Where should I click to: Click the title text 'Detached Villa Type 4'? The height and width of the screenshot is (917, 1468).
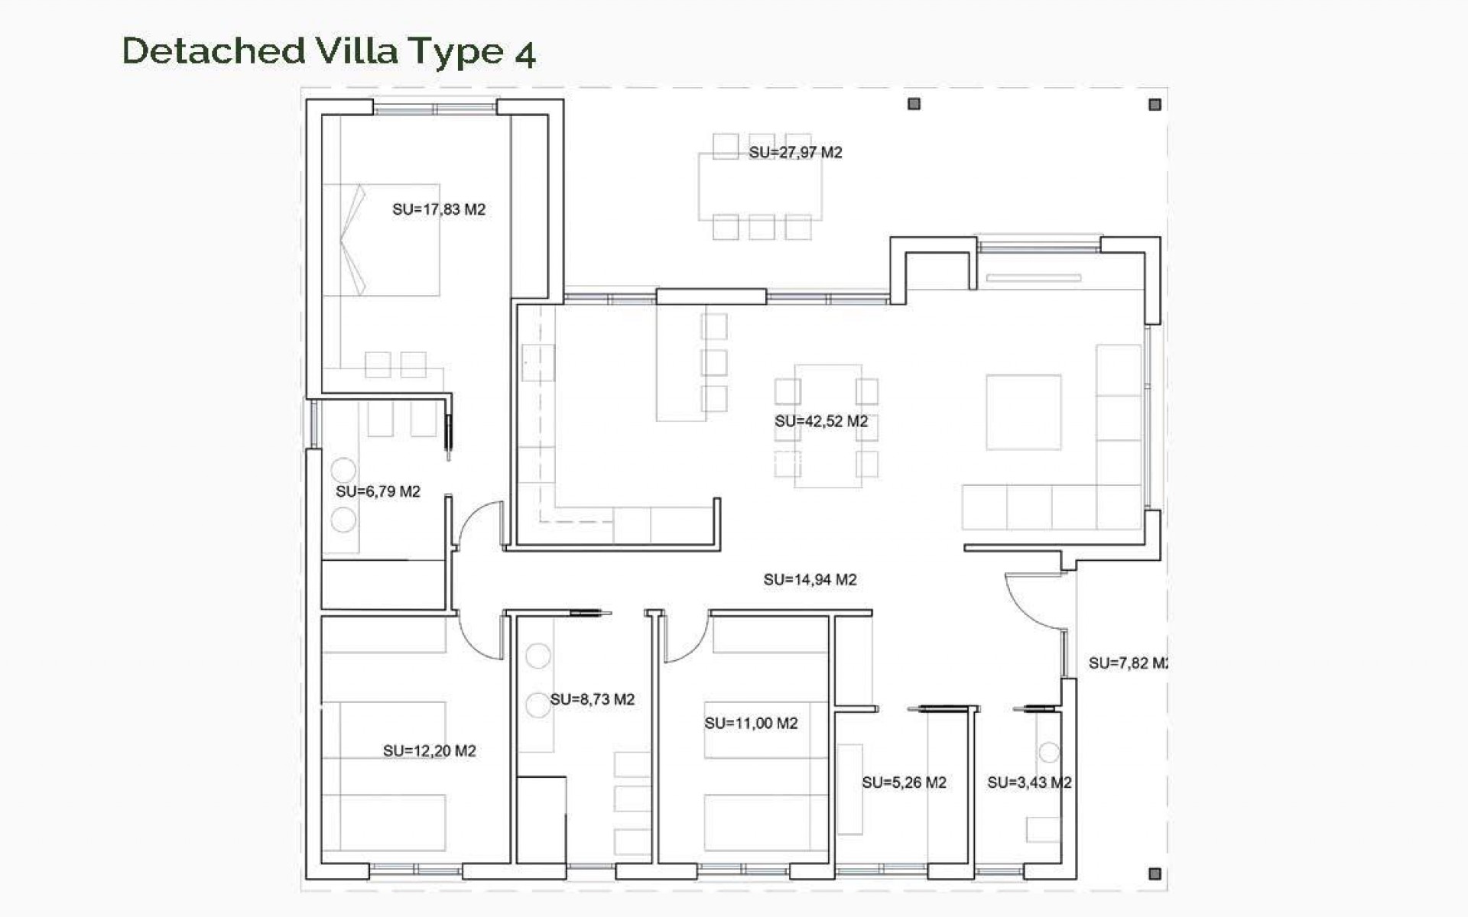coord(329,51)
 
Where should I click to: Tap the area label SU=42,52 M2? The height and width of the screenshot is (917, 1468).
coord(821,421)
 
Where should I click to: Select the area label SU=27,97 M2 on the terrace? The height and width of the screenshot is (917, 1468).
coord(795,152)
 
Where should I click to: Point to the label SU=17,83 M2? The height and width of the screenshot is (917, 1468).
coord(439,209)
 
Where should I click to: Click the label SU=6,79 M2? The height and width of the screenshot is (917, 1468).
coord(378,491)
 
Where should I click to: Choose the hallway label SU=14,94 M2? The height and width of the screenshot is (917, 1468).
coord(810,580)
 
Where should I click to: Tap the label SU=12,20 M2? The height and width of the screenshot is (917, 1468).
coord(429,751)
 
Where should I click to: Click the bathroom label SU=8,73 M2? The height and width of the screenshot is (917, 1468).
coord(592,699)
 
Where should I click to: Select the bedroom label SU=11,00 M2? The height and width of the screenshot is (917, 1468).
coord(751,723)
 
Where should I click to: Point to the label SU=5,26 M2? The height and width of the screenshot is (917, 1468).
coord(904,783)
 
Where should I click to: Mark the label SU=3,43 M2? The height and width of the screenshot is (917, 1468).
coord(1028,783)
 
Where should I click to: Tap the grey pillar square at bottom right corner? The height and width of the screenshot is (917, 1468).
coord(1155,873)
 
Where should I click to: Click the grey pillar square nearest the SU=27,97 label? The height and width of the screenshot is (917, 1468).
coord(914,104)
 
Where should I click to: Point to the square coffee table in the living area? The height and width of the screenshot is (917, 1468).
coord(1023,412)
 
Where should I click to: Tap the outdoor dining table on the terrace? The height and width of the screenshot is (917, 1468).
coord(760,187)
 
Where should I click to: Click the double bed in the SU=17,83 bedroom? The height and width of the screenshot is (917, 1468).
coord(382,239)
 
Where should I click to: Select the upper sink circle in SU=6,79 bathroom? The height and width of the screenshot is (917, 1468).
coord(343,470)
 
